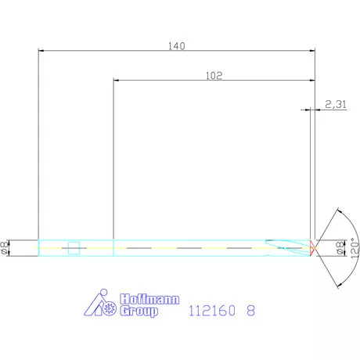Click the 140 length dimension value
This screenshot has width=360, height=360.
point(176,46)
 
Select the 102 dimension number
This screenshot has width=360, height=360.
point(214,76)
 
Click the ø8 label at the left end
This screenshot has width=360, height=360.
point(7,247)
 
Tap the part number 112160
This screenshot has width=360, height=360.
point(211,311)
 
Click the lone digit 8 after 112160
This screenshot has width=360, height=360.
point(250,311)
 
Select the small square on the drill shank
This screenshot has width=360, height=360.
point(74,248)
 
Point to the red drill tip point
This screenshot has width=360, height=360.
point(312,247)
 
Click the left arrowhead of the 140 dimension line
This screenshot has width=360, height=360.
point(41,52)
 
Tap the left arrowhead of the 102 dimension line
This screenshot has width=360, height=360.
point(117,81)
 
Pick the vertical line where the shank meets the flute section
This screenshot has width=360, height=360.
point(113,247)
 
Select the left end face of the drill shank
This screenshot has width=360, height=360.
point(38,247)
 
